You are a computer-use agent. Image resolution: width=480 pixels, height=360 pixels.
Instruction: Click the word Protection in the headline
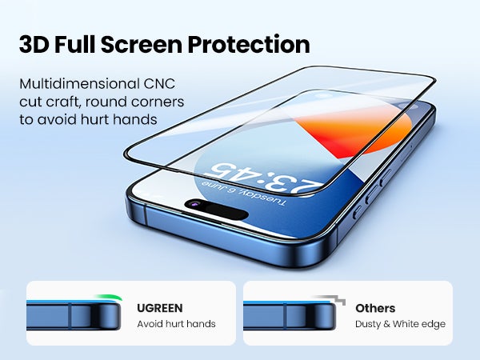[249, 45]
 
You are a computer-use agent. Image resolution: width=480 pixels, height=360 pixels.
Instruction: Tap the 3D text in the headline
[34, 45]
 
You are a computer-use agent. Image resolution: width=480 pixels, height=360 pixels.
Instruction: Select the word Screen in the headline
[142, 45]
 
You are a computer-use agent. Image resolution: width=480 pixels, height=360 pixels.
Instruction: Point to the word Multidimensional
[79, 83]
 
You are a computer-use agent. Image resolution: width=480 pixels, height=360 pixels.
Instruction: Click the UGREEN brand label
[160, 308]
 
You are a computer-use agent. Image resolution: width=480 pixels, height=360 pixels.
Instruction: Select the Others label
[375, 308]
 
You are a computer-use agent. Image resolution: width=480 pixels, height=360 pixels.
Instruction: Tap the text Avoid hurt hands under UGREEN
[176, 324]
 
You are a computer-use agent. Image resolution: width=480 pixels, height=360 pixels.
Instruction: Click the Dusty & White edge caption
[401, 324]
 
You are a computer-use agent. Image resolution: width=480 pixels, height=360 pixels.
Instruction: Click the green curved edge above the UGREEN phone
[109, 297]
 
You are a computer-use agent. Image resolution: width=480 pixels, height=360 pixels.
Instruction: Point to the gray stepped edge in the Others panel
[330, 299]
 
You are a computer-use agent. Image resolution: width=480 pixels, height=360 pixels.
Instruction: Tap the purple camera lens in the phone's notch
[194, 204]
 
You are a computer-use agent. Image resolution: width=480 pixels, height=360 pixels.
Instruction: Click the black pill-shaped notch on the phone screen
[217, 210]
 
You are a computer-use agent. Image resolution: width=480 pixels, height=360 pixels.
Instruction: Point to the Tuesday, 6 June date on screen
[244, 193]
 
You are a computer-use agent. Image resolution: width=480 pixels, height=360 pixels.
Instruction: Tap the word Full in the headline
[75, 45]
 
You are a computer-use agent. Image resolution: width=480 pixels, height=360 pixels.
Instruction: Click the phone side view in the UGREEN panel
[74, 315]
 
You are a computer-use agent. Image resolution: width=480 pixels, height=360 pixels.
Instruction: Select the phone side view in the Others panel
[290, 315]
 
